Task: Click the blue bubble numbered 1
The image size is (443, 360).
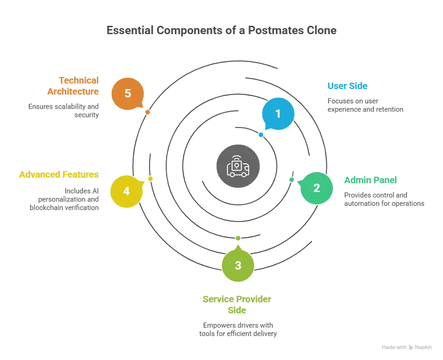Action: [x=278, y=114]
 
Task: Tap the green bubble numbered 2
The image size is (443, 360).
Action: [x=316, y=188]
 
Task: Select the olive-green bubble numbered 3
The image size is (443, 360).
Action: [x=238, y=265]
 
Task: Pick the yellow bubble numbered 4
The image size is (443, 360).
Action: [x=126, y=191]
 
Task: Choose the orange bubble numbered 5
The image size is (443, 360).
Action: [x=128, y=93]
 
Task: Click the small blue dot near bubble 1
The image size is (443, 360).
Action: [x=261, y=135]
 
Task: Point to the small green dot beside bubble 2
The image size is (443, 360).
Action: [x=291, y=180]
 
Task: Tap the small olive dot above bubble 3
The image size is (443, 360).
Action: [x=238, y=238]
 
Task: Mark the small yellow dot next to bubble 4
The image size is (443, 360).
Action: [x=150, y=179]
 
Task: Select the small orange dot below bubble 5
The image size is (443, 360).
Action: [x=147, y=112]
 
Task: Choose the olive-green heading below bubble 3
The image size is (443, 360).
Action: [x=237, y=305]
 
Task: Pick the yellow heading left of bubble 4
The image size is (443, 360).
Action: [x=59, y=175]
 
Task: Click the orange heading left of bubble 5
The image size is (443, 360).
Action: [x=73, y=86]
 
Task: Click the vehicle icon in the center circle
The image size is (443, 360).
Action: [x=238, y=167]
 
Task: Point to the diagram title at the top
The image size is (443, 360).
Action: [x=222, y=31]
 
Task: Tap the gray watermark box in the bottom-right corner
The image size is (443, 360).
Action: [x=406, y=347]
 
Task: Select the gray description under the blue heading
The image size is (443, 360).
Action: [x=365, y=106]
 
